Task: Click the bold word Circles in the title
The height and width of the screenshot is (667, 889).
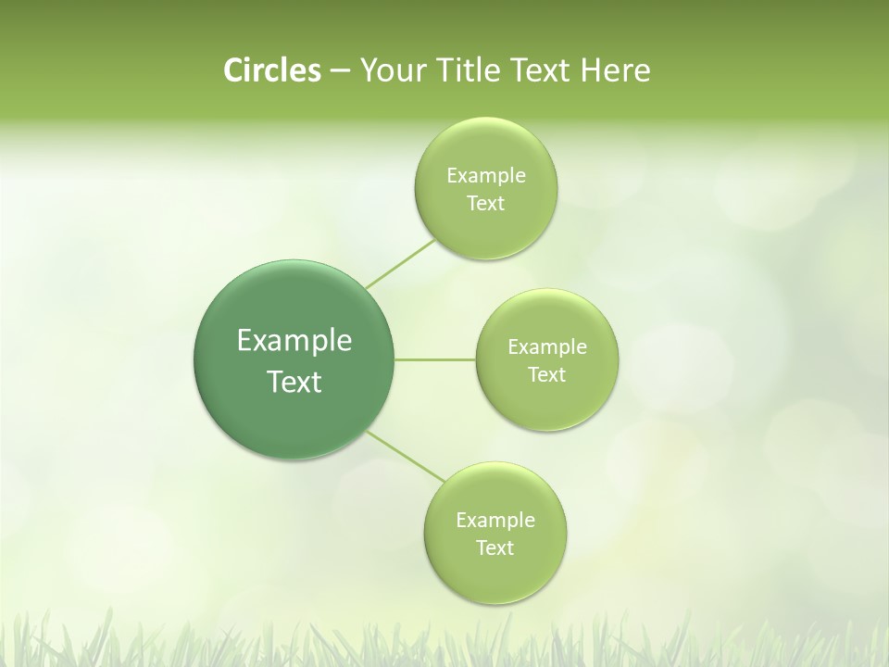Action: [x=271, y=70]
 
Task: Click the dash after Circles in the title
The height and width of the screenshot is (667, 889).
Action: [x=339, y=71]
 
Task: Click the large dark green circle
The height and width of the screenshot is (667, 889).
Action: [x=294, y=306]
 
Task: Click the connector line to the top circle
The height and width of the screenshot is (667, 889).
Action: [x=400, y=264]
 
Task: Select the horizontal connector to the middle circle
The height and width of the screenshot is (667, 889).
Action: [x=435, y=359]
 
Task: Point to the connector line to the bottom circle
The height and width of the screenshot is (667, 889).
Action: [x=405, y=456]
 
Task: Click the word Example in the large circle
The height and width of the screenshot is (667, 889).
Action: [x=294, y=341]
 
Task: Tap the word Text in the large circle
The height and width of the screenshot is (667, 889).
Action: [x=294, y=382]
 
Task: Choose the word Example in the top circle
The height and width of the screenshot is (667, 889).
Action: [x=486, y=176]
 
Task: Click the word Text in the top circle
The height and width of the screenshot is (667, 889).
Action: [x=485, y=204]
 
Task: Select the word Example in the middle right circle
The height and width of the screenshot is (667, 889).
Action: [x=547, y=347]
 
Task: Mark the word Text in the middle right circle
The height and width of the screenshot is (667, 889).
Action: [x=547, y=375]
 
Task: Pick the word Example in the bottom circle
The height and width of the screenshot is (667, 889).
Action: [x=495, y=521]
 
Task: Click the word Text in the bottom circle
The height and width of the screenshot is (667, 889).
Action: [x=495, y=548]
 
